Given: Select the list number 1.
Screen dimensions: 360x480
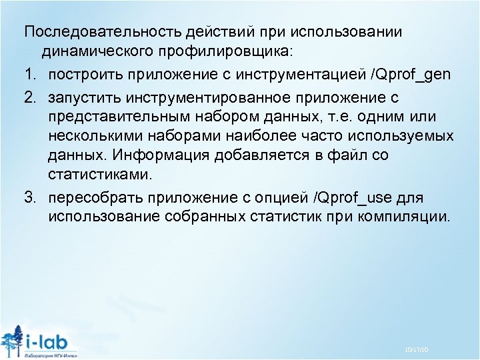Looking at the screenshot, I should pyautogui.click(x=29, y=73).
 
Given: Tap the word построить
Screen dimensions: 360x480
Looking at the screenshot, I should pyautogui.click(x=81, y=73).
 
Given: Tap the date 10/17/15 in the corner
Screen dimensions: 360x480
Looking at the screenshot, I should pyautogui.click(x=415, y=350).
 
